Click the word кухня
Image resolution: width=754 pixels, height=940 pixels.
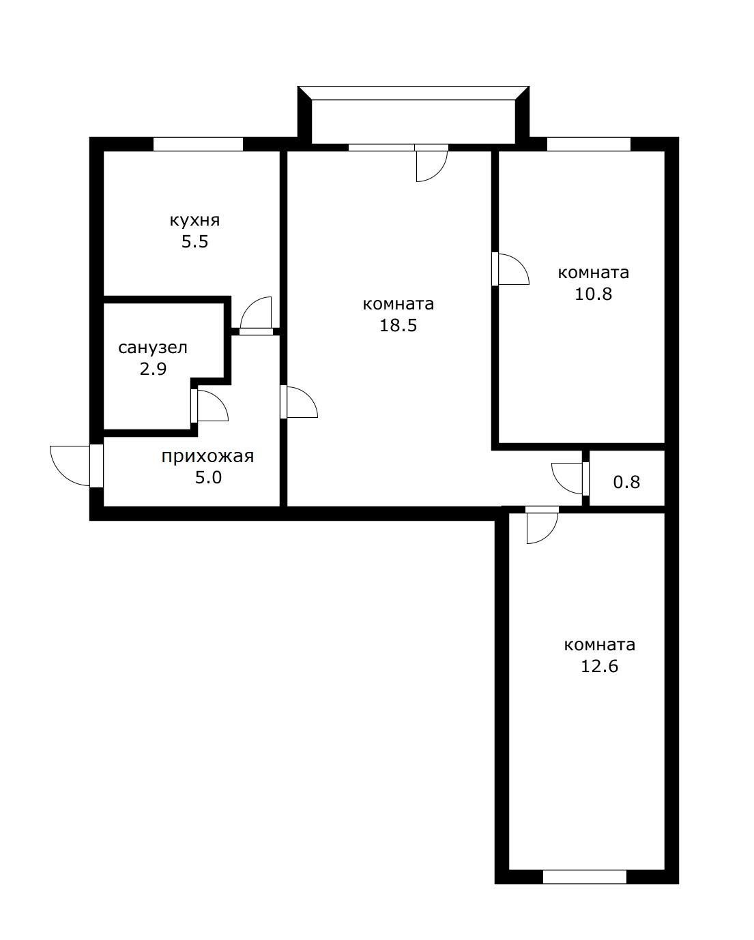[x=194, y=220]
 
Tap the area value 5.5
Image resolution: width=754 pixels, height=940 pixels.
[x=194, y=242]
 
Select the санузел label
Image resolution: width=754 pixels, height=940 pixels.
[x=153, y=348]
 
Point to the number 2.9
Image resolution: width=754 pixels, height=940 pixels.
[x=153, y=369]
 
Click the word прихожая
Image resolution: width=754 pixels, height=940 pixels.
[x=207, y=456]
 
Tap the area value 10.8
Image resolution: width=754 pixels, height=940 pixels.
[x=593, y=294]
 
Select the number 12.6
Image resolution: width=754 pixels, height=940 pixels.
[x=599, y=666]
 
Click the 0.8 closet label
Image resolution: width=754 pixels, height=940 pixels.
[x=626, y=482]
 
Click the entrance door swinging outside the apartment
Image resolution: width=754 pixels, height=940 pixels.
[x=72, y=466]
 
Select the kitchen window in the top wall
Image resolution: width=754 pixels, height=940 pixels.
[x=198, y=144]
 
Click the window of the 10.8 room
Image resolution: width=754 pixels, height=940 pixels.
[x=589, y=144]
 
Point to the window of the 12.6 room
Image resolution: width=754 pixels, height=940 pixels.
[x=584, y=877]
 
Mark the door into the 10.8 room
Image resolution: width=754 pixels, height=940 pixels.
[x=512, y=269]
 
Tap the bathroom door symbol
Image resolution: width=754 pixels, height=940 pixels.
[x=210, y=407]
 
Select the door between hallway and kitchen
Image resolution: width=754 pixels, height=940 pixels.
[x=257, y=316]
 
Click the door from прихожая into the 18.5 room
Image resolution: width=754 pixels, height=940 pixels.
[x=300, y=402]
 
